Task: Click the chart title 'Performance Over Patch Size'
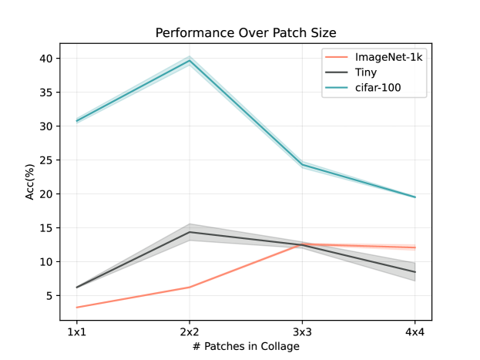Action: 246,33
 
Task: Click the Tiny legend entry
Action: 367,73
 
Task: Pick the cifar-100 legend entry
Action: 378,89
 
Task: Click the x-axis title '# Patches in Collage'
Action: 246,347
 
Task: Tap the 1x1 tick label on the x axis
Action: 76,331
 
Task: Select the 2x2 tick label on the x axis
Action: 190,331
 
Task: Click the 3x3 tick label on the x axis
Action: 303,331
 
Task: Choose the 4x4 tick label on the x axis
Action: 415,331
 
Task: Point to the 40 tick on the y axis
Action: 46,59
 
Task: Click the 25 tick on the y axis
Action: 46,160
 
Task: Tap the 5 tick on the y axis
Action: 49,296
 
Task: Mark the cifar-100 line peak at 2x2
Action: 190,60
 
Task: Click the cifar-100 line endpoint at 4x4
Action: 415,197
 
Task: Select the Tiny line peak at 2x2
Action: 190,232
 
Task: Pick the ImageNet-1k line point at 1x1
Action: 76,308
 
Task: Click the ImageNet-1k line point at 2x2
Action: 190,288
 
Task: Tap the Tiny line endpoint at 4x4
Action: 415,272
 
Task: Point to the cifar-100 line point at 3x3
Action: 303,165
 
